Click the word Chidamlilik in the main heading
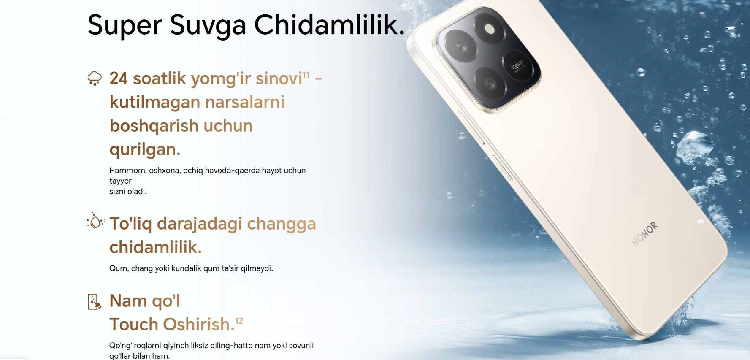(329, 24)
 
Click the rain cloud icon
(95, 78)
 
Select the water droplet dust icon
(95, 221)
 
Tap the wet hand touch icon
(95, 302)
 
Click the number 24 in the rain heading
(119, 78)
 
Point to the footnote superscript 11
(306, 75)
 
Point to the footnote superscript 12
(239, 321)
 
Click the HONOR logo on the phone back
(644, 234)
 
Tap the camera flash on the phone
(490, 29)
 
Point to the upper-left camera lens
(461, 46)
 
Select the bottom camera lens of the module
(490, 83)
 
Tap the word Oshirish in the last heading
(198, 325)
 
